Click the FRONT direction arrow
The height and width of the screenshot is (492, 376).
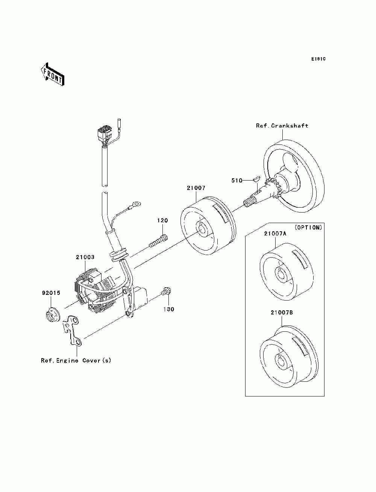[x=53, y=74]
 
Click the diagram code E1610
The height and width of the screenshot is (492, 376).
[x=318, y=59]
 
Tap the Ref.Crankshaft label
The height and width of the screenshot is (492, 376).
[x=282, y=126]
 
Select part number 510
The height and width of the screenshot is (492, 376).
[x=237, y=181]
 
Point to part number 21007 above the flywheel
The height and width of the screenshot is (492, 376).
[x=196, y=188]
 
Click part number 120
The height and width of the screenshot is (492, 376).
[x=162, y=220]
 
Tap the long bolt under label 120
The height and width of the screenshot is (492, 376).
[x=159, y=240]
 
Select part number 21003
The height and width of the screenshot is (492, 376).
[x=85, y=257]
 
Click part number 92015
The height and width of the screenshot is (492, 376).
[x=51, y=293]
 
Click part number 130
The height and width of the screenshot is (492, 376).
[x=168, y=309]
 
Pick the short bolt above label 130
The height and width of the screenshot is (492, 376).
[x=166, y=291]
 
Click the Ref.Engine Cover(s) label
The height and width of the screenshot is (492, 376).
[x=76, y=361]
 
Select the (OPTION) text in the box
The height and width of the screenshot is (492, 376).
[x=308, y=228]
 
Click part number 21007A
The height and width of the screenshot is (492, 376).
[x=275, y=234]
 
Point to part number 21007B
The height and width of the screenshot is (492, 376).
[x=282, y=313]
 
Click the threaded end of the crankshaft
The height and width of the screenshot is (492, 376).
[x=249, y=202]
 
